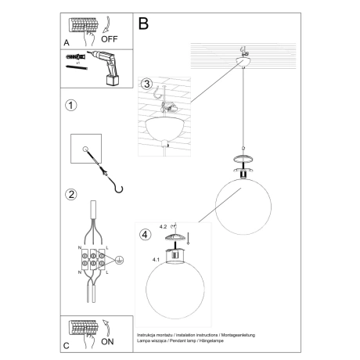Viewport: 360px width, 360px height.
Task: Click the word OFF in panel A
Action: tap(110, 36)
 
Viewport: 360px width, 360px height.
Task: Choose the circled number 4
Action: tap(143, 234)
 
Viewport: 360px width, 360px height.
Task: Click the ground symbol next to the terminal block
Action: tap(107, 265)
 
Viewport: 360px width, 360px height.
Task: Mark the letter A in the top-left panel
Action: tap(66, 43)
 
